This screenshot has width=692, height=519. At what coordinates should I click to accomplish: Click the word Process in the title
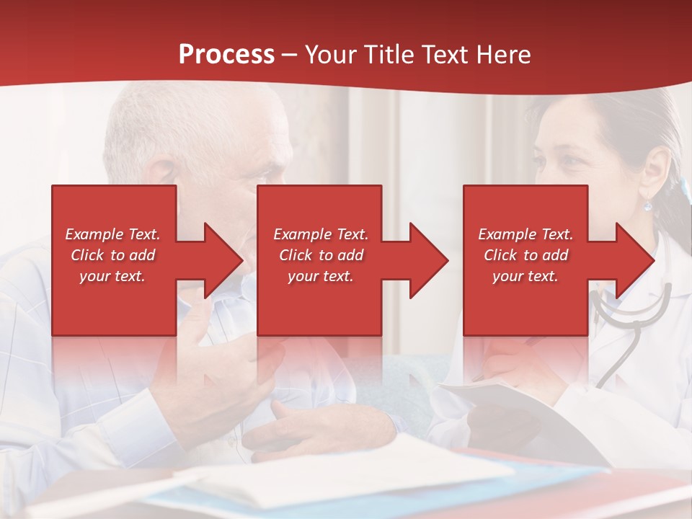(x=226, y=55)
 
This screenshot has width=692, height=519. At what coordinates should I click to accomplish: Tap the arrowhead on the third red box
(x=631, y=260)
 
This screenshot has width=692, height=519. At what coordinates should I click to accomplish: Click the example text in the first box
(x=113, y=255)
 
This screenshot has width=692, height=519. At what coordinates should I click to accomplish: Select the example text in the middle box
(x=321, y=255)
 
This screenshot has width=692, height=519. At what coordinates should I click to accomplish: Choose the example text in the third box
(x=525, y=255)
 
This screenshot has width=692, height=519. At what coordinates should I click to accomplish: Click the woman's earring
(x=647, y=205)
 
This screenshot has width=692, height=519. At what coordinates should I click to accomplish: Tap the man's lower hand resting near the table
(x=317, y=429)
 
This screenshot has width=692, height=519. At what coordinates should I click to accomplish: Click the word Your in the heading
(x=331, y=55)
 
